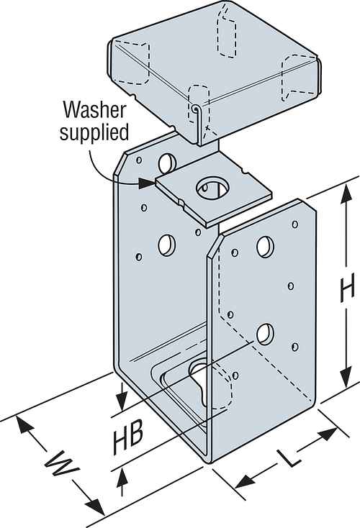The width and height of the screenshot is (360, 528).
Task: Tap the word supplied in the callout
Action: point(96,132)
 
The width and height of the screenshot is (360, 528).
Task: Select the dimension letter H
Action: point(348,289)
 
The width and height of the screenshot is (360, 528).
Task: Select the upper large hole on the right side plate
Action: point(264,247)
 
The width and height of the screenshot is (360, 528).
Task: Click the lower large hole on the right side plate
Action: point(265,333)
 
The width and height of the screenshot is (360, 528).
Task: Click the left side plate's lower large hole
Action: point(166,245)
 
